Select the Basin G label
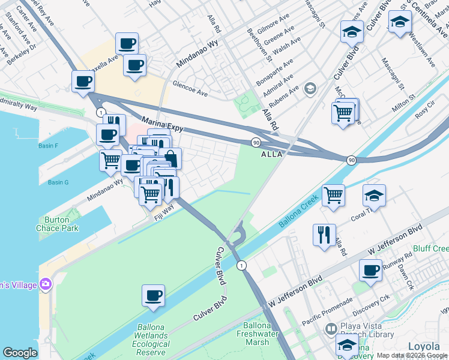(x=58, y=182)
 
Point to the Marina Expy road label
(x=162, y=125)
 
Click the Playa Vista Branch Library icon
(x=331, y=329)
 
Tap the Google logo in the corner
(x=20, y=353)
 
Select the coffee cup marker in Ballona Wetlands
(x=153, y=295)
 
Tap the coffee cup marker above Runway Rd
(x=370, y=270)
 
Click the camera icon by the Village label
(x=45, y=283)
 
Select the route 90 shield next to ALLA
(x=255, y=142)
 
